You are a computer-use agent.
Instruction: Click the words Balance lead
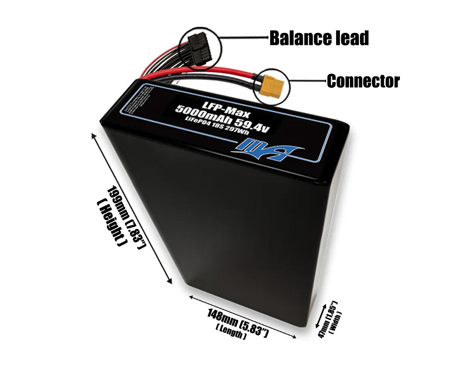319,38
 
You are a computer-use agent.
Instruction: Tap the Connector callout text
363,81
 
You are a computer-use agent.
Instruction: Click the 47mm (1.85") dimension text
328,320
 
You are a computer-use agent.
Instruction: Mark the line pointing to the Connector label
307,81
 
